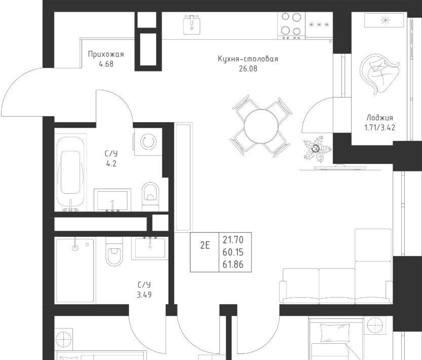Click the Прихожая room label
[106, 54]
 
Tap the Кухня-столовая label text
[248, 59]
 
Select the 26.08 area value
[248, 69]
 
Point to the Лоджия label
[380, 118]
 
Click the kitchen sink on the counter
[191, 24]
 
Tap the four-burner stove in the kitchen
[291, 25]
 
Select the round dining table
[261, 126]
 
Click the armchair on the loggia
[379, 74]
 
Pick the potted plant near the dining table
[317, 149]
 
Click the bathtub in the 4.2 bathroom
[70, 174]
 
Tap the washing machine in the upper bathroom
[148, 141]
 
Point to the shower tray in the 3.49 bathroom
[75, 270]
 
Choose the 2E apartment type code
[205, 245]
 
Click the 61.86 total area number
[233, 265]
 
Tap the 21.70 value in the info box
[233, 239]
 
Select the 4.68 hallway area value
[106, 64]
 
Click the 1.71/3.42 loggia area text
[380, 127]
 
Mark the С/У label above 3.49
[144, 285]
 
